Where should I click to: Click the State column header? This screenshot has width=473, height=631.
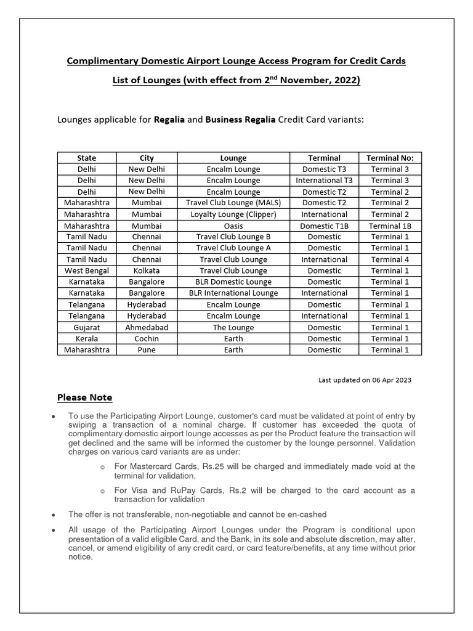(x=87, y=158)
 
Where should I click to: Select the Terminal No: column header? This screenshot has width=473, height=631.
(x=390, y=158)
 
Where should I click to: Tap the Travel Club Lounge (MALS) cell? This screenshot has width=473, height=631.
(x=233, y=203)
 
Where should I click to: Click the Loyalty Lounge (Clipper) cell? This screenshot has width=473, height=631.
(x=233, y=214)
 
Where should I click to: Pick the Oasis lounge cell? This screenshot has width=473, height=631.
(x=233, y=226)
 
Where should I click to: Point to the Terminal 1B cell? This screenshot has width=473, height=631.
(x=390, y=226)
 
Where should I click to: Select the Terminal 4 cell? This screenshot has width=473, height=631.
(x=390, y=259)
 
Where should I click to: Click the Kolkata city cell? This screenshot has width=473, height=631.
(x=147, y=271)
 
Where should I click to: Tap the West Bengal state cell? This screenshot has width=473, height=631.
(x=87, y=271)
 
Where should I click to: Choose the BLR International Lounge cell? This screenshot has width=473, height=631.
(x=233, y=293)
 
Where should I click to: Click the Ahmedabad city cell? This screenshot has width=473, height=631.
(x=147, y=327)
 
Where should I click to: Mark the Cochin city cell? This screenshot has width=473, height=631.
(x=147, y=338)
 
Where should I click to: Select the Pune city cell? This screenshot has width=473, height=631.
(x=147, y=350)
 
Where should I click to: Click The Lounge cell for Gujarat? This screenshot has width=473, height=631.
(x=233, y=327)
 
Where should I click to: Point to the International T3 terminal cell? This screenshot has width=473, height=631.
(x=324, y=181)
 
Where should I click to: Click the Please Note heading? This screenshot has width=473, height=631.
(x=85, y=397)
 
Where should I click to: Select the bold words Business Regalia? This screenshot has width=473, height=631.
(x=240, y=120)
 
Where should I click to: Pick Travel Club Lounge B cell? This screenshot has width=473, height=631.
(x=233, y=237)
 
